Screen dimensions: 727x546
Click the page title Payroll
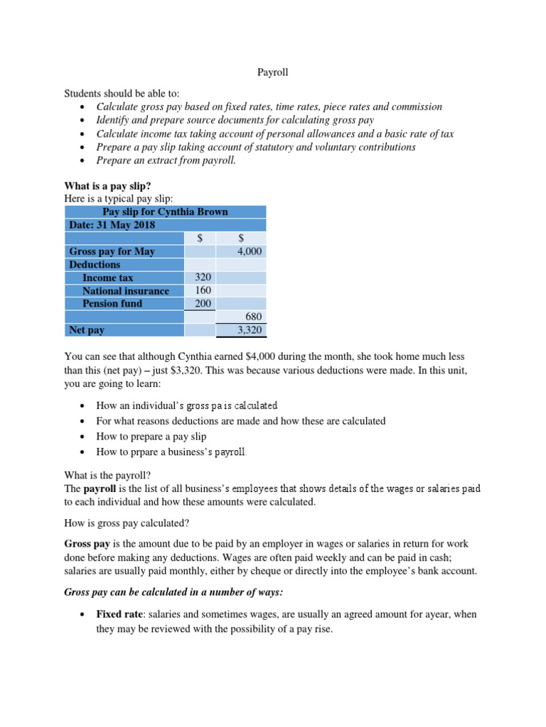pos(272,72)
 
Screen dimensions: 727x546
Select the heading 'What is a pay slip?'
pos(108,186)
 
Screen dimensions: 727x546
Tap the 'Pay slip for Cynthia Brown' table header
pos(165,212)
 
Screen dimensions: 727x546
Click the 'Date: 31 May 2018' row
pos(112,225)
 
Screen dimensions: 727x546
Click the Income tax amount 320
pos(202,278)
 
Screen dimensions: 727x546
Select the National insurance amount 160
pos(202,290)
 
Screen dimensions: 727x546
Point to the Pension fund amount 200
pos(202,303)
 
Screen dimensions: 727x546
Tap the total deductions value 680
pos(254,317)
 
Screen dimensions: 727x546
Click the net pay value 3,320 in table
pos(250,330)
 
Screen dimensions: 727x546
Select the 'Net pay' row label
pos(87,330)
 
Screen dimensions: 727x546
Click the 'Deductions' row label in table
pos(95,264)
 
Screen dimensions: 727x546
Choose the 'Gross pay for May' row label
pos(112,251)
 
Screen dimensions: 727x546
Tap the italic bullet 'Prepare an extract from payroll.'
pos(166,160)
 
